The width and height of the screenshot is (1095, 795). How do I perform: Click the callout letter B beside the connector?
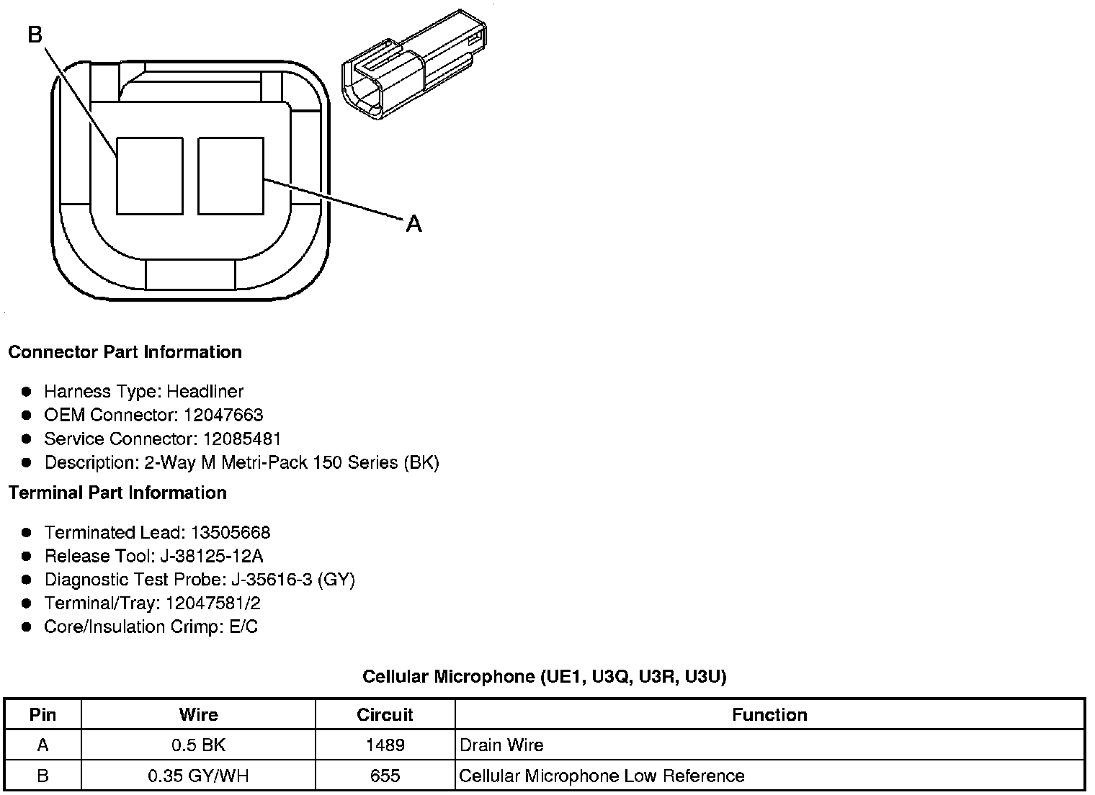(35, 35)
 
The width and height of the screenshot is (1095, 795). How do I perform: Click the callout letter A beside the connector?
(414, 224)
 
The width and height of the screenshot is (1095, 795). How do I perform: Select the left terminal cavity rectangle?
(150, 176)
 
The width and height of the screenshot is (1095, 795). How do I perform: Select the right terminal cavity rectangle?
(231, 176)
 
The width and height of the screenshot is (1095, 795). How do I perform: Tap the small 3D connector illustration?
(414, 64)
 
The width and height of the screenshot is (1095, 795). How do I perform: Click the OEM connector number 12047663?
(223, 415)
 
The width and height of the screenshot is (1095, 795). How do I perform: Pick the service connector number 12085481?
(242, 439)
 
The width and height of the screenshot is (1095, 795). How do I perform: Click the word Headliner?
(205, 392)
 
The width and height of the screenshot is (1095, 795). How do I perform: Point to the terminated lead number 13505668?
(231, 532)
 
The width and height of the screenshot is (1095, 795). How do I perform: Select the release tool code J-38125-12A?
(212, 556)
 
